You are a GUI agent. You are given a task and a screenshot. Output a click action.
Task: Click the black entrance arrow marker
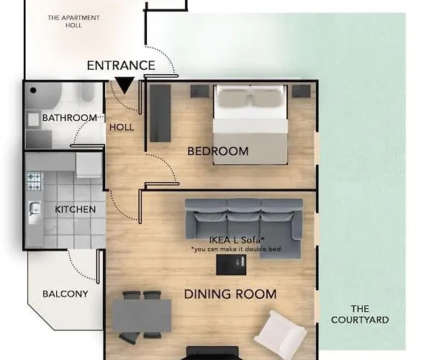coord(125,85)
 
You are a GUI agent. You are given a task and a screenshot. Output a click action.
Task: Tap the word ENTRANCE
coord(121,66)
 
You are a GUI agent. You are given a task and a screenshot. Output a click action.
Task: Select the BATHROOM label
coord(70,117)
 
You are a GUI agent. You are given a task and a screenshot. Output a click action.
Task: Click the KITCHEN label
coord(76,210)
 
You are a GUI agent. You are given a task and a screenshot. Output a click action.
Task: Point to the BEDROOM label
coord(218,151)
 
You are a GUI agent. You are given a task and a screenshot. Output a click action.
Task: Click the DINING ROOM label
coord(230,294)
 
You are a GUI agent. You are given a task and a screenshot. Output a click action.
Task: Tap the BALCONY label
coord(66,294)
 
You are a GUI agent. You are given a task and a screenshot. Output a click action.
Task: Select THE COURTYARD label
coord(360,315)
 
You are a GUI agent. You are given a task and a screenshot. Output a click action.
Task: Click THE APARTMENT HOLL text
coord(73,22)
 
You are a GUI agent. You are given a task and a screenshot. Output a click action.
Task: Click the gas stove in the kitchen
coord(34,181)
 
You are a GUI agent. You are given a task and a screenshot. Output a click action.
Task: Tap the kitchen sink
coord(35,210)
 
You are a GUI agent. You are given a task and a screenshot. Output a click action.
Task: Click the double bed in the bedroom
coord(251,125)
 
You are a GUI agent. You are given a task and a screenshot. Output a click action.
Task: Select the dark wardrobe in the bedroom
coord(160,113)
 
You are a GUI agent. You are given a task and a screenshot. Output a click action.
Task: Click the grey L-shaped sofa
coord(244,222)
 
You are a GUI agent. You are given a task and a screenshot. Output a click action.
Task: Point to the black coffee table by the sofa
coord(231,264)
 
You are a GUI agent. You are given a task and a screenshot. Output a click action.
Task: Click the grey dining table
coord(142,316)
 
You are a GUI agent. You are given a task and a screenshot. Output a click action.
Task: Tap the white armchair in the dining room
coord(280,333)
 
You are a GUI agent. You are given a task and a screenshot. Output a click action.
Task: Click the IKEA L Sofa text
coord(237,240)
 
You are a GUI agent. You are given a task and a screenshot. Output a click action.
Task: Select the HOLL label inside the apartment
coord(122,127)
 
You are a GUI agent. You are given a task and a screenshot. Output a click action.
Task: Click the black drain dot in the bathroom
coord(33,91)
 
